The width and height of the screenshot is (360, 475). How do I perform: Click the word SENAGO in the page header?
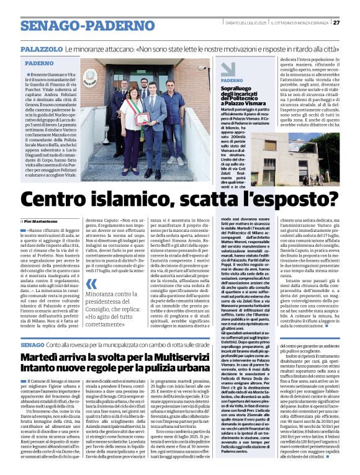(44, 25)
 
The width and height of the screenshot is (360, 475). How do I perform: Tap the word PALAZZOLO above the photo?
(41, 48)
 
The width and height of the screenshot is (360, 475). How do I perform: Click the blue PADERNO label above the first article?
(38, 63)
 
